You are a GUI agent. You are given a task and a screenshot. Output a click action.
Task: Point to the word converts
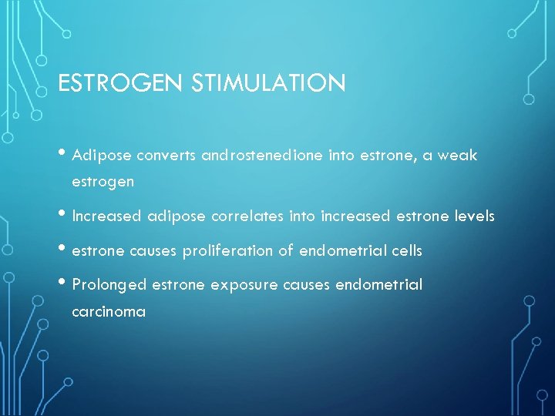pyautogui.click(x=166, y=156)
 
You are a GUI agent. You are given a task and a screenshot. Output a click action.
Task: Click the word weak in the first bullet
pyautogui.click(x=459, y=156)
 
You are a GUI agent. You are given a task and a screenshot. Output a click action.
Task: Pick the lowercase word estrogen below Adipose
pyautogui.click(x=103, y=183)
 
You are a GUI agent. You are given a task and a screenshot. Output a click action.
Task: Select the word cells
pyautogui.click(x=405, y=250)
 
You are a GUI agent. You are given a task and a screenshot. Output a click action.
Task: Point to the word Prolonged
pyautogui.click(x=109, y=285)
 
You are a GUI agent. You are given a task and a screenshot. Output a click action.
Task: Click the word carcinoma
pyautogui.click(x=109, y=312)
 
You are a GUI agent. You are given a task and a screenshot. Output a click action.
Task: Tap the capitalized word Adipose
pyautogui.click(x=102, y=156)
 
